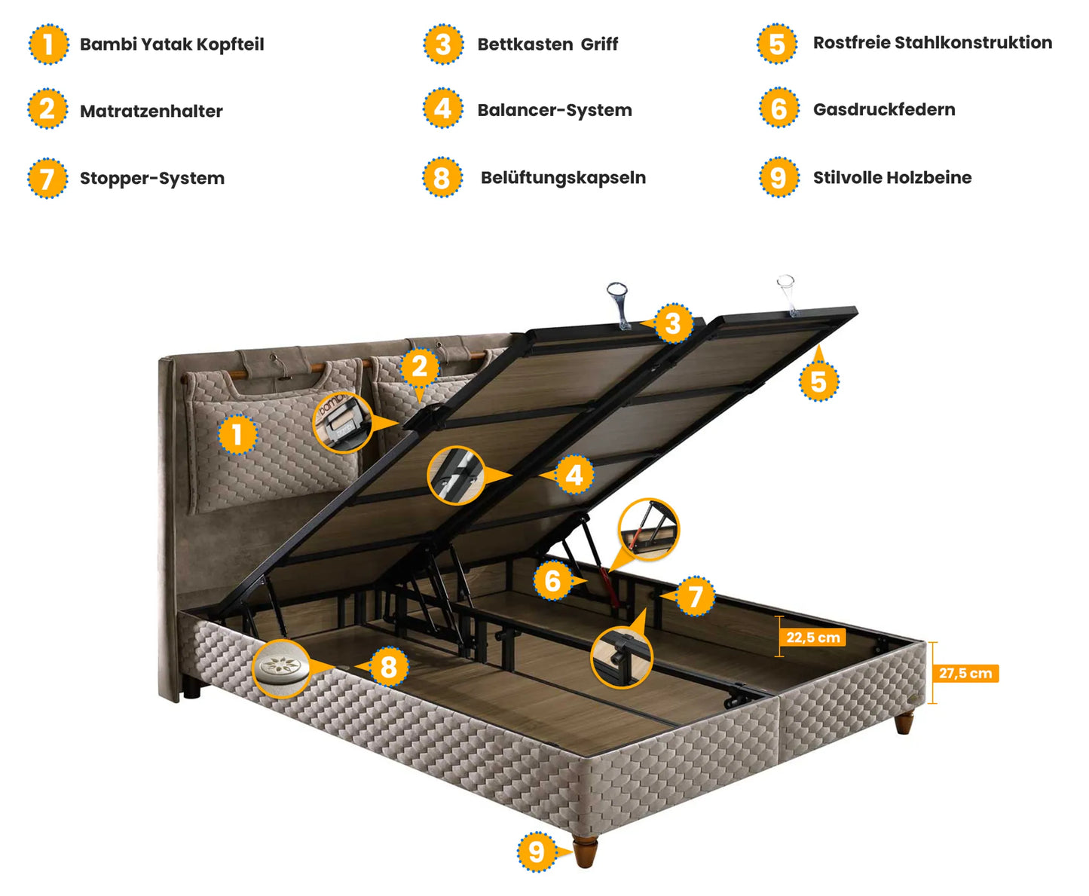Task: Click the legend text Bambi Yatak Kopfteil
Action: tap(172, 44)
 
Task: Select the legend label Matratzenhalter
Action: tap(151, 112)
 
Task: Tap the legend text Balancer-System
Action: tap(554, 110)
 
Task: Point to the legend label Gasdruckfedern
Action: tap(883, 109)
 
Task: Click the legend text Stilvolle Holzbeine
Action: tap(892, 178)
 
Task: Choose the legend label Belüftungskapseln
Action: tap(563, 178)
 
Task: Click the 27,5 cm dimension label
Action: tap(965, 674)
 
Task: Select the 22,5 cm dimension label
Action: tap(812, 638)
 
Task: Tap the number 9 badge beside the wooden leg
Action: tap(537, 852)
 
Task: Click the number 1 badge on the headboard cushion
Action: tap(237, 435)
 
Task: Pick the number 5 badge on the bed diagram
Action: tap(818, 381)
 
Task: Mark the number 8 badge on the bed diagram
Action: tap(388, 667)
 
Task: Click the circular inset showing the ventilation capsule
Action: tap(281, 668)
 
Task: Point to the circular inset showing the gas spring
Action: tap(648, 530)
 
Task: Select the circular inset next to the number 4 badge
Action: tap(456, 476)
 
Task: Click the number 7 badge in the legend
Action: tap(47, 179)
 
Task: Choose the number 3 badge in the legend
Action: tap(443, 44)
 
